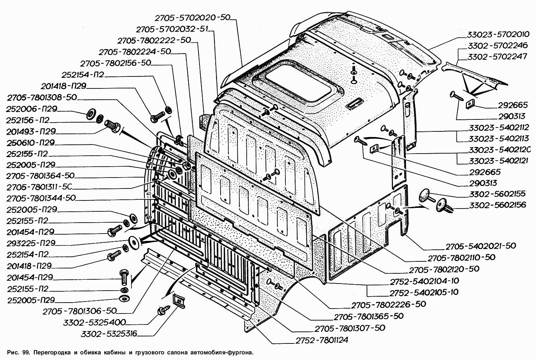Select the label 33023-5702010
coord(498,35)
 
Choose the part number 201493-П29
coord(31,131)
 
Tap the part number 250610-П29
coord(31,143)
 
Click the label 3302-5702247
coord(497,57)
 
